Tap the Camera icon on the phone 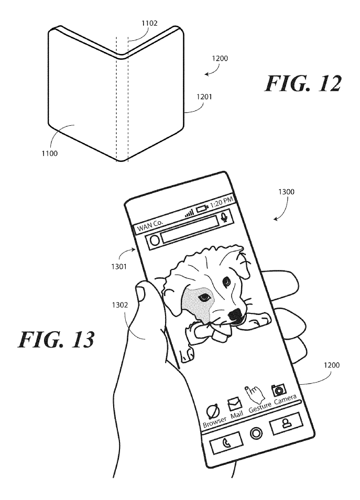click(278, 389)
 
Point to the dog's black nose click(235, 314)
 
